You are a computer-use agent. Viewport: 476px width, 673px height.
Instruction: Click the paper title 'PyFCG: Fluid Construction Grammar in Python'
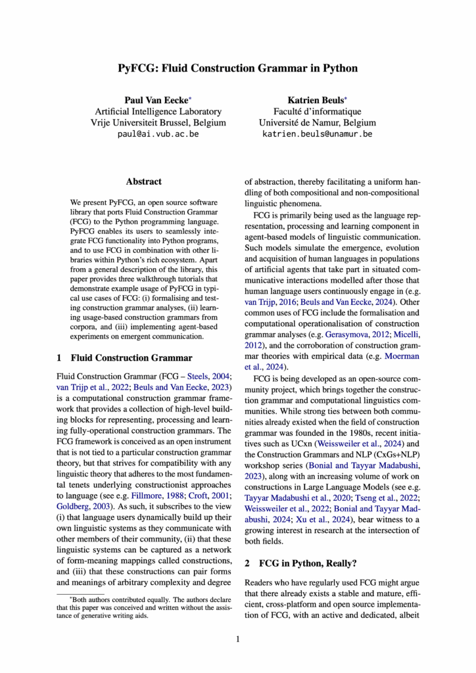click(x=238, y=68)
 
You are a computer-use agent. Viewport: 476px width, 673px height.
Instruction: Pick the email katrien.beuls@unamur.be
click(x=318, y=134)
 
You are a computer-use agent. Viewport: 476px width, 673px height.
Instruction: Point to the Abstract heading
click(x=143, y=181)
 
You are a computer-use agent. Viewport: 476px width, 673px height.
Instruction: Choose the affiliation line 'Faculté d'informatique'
click(x=318, y=112)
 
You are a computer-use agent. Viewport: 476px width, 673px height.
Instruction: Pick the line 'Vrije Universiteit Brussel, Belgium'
click(x=158, y=123)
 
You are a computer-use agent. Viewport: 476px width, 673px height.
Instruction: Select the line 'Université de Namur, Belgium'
click(x=318, y=123)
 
